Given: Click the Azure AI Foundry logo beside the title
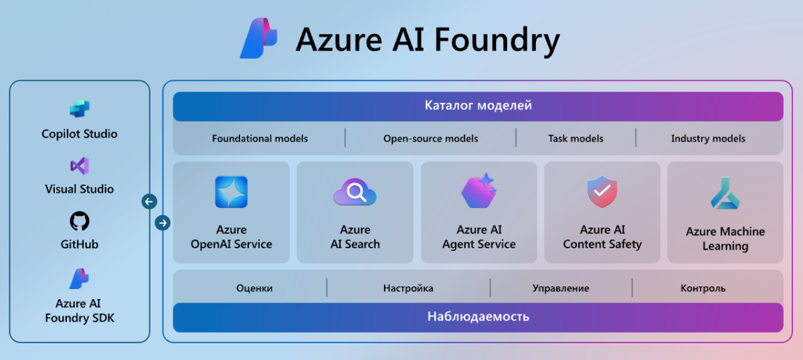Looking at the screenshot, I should [259, 39].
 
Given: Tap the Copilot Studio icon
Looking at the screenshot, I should [80, 108].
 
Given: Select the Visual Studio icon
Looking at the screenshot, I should [80, 165].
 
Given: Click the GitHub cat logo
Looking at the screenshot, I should [80, 221].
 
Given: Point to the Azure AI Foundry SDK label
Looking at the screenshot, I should [80, 311].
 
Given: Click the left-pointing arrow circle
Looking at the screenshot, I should [149, 201].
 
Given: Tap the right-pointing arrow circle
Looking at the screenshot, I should [163, 223].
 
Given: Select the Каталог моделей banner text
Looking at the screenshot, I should [478, 106].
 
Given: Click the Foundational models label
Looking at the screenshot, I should [260, 139].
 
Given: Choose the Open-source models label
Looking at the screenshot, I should [430, 139].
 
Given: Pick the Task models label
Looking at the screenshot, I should [575, 139].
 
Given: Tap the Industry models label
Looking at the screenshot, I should [708, 139].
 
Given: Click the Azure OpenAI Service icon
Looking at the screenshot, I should [232, 192].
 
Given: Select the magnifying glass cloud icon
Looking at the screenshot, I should [355, 193].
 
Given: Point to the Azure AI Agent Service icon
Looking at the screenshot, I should [478, 191].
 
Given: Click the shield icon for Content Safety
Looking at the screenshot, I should [602, 191].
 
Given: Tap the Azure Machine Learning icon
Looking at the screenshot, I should [725, 194].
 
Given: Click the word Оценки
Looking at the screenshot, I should [254, 288].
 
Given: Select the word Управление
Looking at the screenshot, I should [561, 288].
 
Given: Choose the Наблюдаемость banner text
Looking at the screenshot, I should [478, 317].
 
